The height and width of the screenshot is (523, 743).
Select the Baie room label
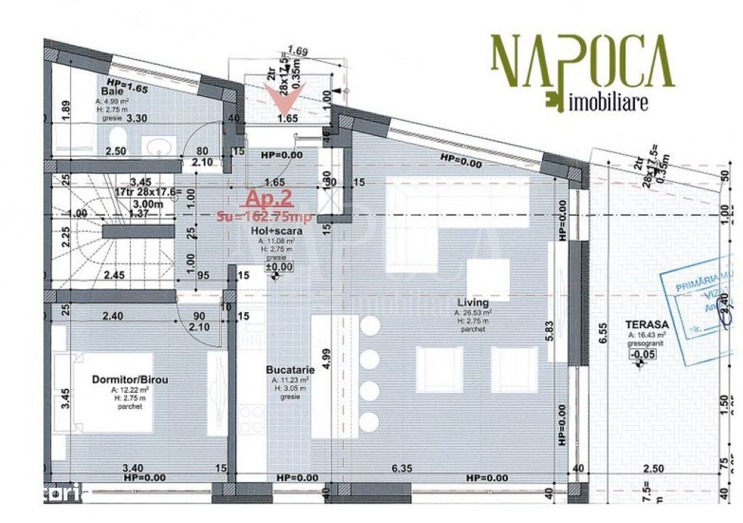point(112,91)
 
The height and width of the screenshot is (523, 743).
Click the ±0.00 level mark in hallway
point(276,266)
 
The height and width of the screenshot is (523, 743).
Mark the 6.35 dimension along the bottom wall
point(402,469)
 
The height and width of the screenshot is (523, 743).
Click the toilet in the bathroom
point(115,138)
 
